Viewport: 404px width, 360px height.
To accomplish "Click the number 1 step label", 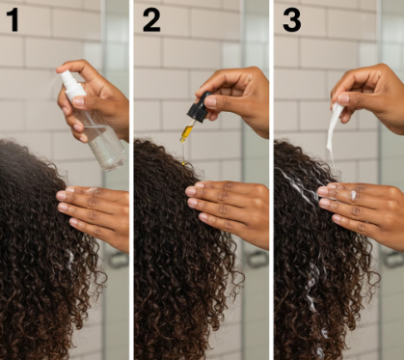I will (13, 19).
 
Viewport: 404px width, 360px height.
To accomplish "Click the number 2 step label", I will (151, 19).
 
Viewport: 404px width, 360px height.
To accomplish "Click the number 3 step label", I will (290, 19).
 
